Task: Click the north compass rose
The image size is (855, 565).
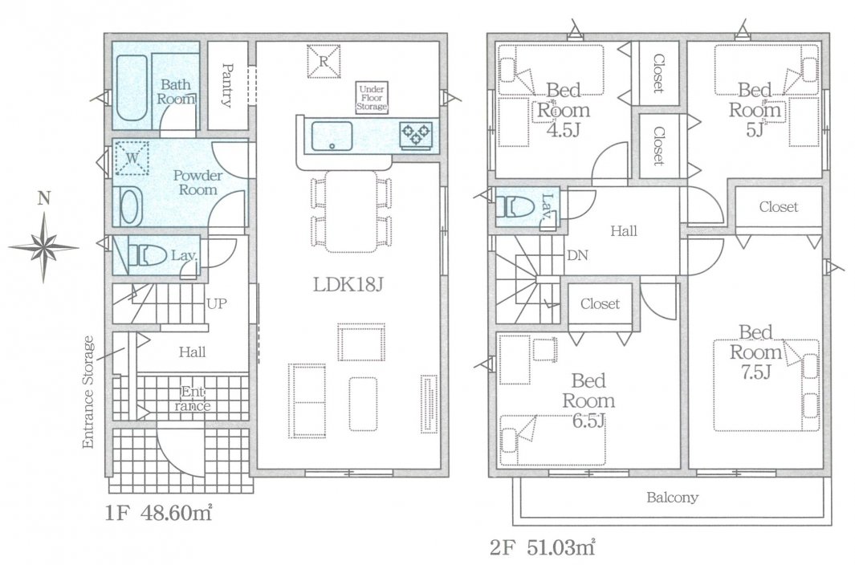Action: click(44, 246)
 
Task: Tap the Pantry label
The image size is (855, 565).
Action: click(227, 86)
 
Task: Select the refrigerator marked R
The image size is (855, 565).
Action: click(323, 61)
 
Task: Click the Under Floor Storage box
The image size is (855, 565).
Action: click(373, 97)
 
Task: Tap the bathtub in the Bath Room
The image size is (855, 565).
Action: click(131, 89)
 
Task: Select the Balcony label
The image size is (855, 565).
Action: click(672, 498)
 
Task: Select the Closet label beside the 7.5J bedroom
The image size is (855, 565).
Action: click(779, 208)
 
